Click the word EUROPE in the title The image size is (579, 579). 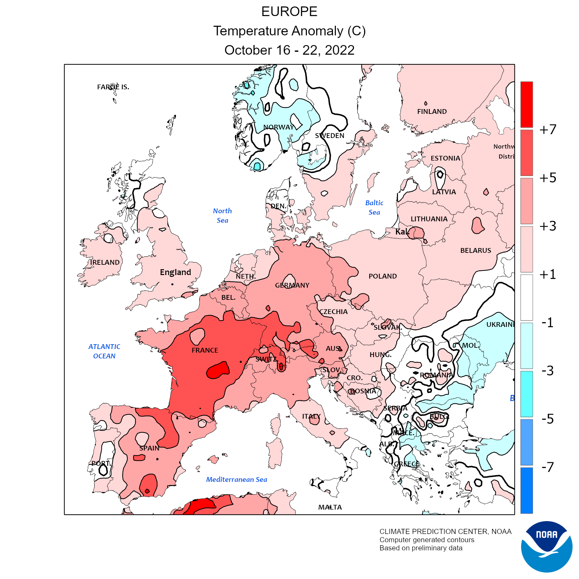point(289,12)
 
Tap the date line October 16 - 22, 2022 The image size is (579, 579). point(289,50)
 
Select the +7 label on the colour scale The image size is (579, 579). point(548,130)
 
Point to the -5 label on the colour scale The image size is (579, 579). point(548,419)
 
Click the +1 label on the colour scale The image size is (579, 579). point(548,274)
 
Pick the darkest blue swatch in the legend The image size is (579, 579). point(527,490)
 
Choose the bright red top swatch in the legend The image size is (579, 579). point(527,104)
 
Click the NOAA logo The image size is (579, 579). point(547,547)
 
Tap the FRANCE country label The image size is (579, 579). point(205,350)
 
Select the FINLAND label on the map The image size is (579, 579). point(432,112)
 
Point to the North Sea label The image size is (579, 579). point(222,216)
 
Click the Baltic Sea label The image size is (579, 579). point(374,207)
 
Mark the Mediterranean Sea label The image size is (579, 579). point(236,480)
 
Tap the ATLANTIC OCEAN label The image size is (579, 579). point(104,351)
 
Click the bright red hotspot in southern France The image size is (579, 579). point(218,370)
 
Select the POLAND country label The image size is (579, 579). point(382,276)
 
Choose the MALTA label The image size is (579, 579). point(330,507)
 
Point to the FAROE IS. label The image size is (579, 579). point(113,87)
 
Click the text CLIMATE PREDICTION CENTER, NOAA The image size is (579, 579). point(445,531)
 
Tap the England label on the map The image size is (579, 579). point(175,272)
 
